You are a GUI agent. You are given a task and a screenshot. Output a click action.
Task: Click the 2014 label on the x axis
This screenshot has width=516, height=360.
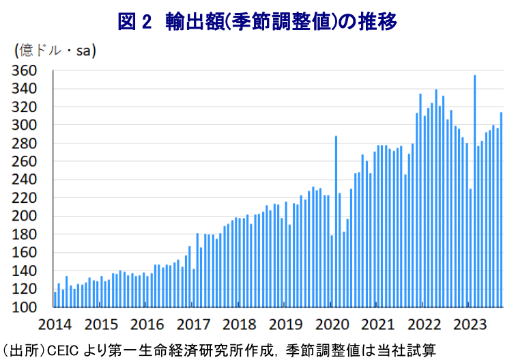54,323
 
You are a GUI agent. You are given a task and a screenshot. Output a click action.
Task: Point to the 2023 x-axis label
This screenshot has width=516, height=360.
470,323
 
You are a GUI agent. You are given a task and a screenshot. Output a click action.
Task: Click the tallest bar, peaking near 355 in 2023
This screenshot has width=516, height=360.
474,191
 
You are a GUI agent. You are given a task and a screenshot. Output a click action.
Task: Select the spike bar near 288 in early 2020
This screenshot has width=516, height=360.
336,222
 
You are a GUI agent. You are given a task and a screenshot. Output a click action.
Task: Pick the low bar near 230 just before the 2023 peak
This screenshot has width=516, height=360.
470,248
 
